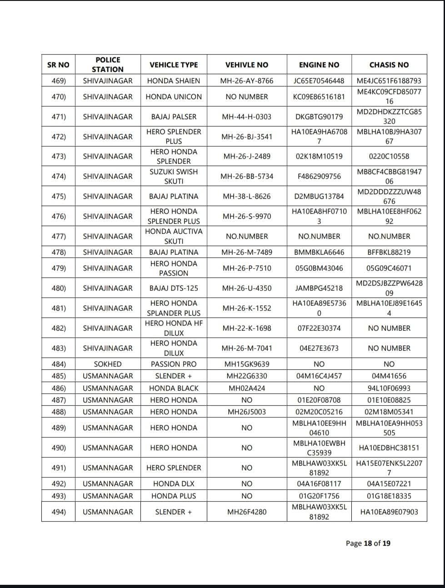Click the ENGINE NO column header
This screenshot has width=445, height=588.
tap(319, 65)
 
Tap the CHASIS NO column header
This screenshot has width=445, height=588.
tap(389, 65)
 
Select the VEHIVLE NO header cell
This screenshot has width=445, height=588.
tap(247, 65)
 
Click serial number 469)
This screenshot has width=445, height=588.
tap(59, 80)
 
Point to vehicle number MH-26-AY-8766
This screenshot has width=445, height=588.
tap(247, 80)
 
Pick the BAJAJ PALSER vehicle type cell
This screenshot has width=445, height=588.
tap(174, 116)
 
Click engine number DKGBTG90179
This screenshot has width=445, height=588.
tap(319, 116)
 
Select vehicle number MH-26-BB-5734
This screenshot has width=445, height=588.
tap(247, 176)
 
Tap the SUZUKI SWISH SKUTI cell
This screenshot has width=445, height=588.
tap(174, 176)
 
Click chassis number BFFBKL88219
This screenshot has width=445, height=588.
tap(389, 252)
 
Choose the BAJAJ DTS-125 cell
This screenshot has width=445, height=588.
tap(174, 288)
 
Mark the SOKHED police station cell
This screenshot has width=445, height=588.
tap(108, 364)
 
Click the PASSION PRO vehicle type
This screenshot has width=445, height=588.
tap(174, 364)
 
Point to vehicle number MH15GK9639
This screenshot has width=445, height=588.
tap(247, 364)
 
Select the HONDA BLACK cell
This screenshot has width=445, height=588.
tap(174, 388)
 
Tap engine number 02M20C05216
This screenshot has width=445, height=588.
tap(319, 412)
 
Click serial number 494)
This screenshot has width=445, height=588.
tap(59, 512)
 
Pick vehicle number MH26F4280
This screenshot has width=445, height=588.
tap(247, 512)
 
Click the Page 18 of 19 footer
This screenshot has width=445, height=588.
tap(368, 543)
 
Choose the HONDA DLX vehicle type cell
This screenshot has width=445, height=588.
tap(174, 483)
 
